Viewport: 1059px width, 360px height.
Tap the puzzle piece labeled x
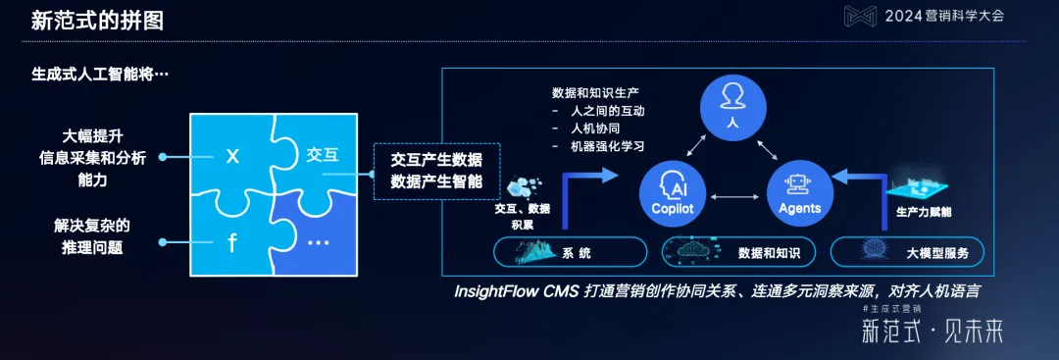(x=231, y=156)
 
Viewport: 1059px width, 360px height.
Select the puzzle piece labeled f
(x=232, y=243)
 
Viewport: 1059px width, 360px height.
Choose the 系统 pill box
(x=557, y=253)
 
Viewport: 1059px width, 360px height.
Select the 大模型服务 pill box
(x=909, y=253)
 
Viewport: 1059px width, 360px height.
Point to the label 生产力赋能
(x=924, y=212)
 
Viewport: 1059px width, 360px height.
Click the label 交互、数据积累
(x=523, y=216)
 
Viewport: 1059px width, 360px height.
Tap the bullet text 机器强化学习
(x=607, y=147)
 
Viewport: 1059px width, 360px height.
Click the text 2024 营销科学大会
(x=944, y=16)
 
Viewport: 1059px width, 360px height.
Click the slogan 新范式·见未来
(x=932, y=332)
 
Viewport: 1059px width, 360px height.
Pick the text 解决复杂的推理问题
(x=92, y=236)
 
